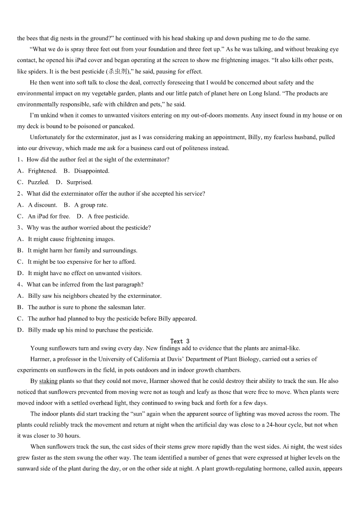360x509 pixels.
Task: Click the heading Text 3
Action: tap(180, 341)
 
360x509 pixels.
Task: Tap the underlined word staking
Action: tap(48, 381)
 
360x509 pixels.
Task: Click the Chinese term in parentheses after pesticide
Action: tap(117, 72)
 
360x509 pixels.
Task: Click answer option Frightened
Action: tap(42, 171)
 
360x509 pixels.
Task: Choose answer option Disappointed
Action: tap(92, 171)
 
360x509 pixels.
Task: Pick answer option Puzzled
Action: tap(39, 182)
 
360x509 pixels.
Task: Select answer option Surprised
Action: tap(79, 182)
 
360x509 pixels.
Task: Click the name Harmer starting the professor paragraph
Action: tap(40, 359)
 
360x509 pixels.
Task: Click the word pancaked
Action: tap(121, 126)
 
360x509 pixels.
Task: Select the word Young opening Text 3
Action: tap(38, 348)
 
